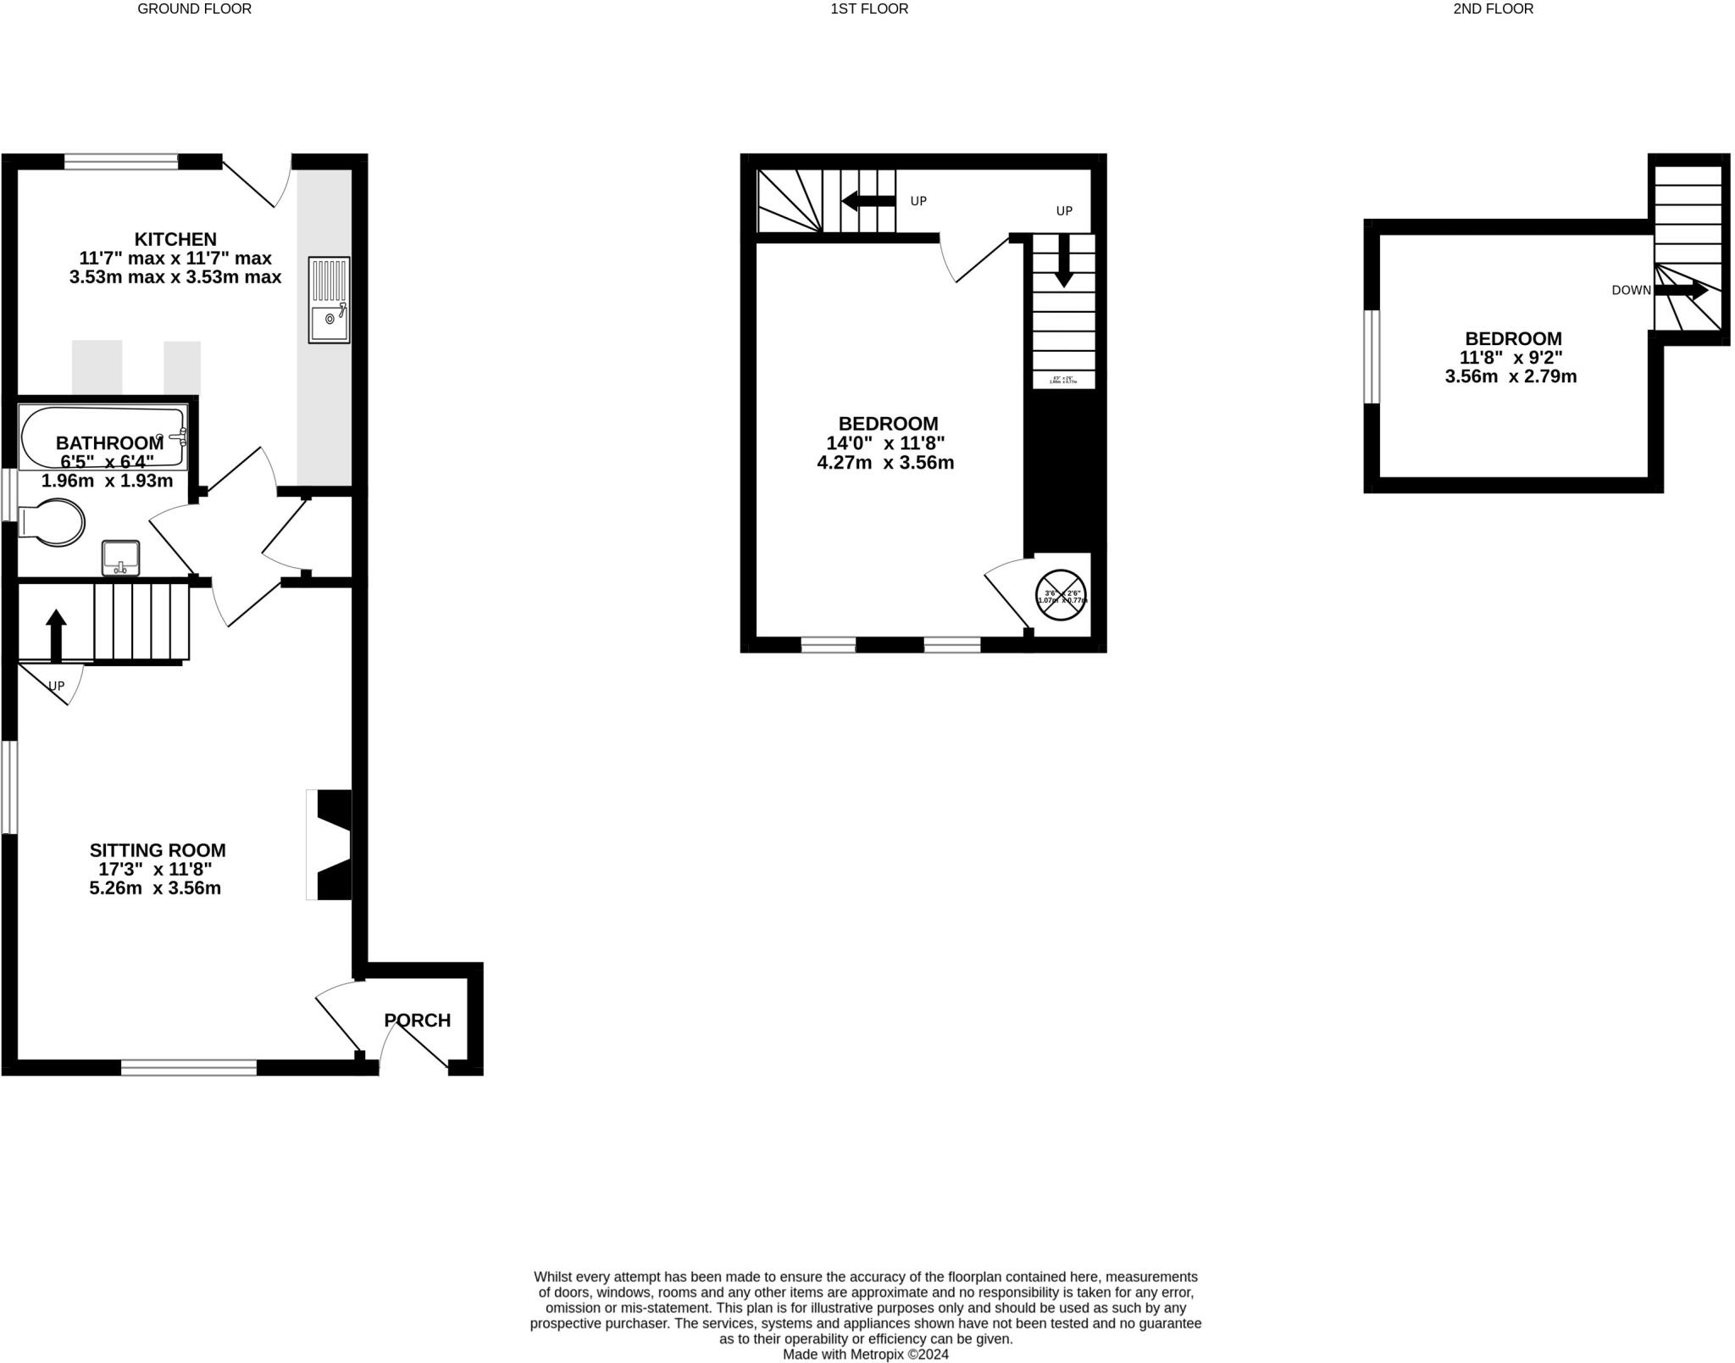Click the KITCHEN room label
point(175,239)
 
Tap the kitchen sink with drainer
point(329,300)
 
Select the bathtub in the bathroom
point(103,437)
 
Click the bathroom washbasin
point(120,557)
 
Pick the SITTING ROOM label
point(158,850)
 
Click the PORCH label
point(418,1021)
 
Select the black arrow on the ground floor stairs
point(56,635)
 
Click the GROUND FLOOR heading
point(194,9)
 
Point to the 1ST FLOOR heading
point(869,9)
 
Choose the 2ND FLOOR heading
point(1493,9)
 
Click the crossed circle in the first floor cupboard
point(1062,594)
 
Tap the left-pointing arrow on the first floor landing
point(868,201)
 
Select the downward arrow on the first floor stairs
point(1063,260)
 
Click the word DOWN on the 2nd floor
point(1631,290)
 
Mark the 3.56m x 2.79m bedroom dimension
point(1511,377)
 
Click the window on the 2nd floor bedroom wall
point(1372,357)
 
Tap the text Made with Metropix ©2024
point(865,1355)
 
